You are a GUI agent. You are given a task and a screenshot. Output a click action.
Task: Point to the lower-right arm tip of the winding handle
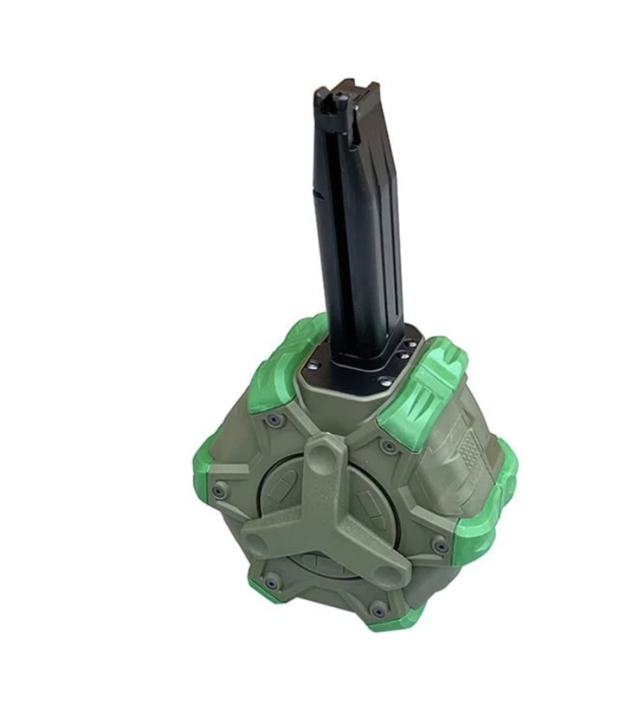387,572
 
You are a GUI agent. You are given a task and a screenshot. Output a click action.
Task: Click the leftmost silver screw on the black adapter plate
313,366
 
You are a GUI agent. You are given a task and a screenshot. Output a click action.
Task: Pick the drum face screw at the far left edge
218,491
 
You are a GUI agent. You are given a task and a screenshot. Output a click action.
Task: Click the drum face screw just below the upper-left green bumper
274,420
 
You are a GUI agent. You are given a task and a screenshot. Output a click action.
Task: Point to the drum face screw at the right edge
440,546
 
